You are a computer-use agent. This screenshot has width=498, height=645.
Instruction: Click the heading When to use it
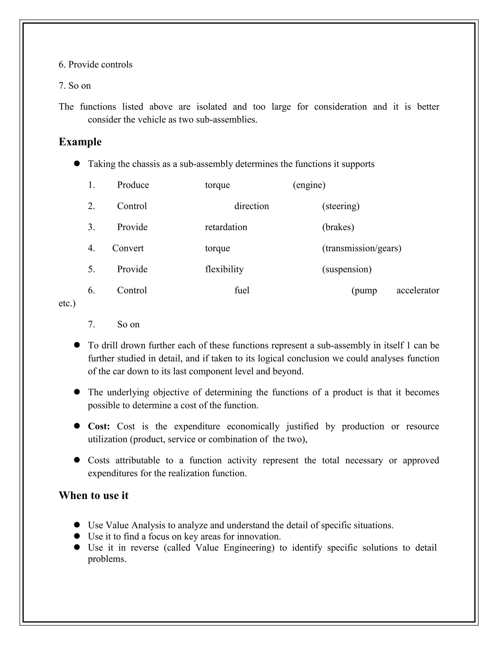[x=94, y=495]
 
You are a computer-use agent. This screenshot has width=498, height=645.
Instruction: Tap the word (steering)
[x=340, y=206]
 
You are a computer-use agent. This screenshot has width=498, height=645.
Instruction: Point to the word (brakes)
[x=338, y=227]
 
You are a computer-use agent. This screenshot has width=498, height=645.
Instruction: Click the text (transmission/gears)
[x=361, y=248]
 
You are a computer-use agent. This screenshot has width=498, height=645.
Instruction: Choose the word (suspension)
[x=347, y=269]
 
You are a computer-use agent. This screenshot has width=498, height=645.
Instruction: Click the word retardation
[x=226, y=227]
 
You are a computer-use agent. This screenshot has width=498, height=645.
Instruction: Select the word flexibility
[x=224, y=269]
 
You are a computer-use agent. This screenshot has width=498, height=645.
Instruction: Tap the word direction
[x=251, y=206]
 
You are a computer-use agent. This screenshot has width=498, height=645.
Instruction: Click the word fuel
[x=242, y=290]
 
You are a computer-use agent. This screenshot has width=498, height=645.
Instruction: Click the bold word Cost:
[x=99, y=426]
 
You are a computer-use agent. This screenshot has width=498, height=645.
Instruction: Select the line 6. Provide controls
[x=95, y=65]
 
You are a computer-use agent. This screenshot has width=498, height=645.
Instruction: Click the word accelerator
[x=418, y=290]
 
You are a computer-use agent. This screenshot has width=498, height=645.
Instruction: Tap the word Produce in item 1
[x=133, y=185]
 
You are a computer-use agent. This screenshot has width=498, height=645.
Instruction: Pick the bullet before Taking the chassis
[x=77, y=164]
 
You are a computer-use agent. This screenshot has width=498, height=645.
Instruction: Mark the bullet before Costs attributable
[x=77, y=460]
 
